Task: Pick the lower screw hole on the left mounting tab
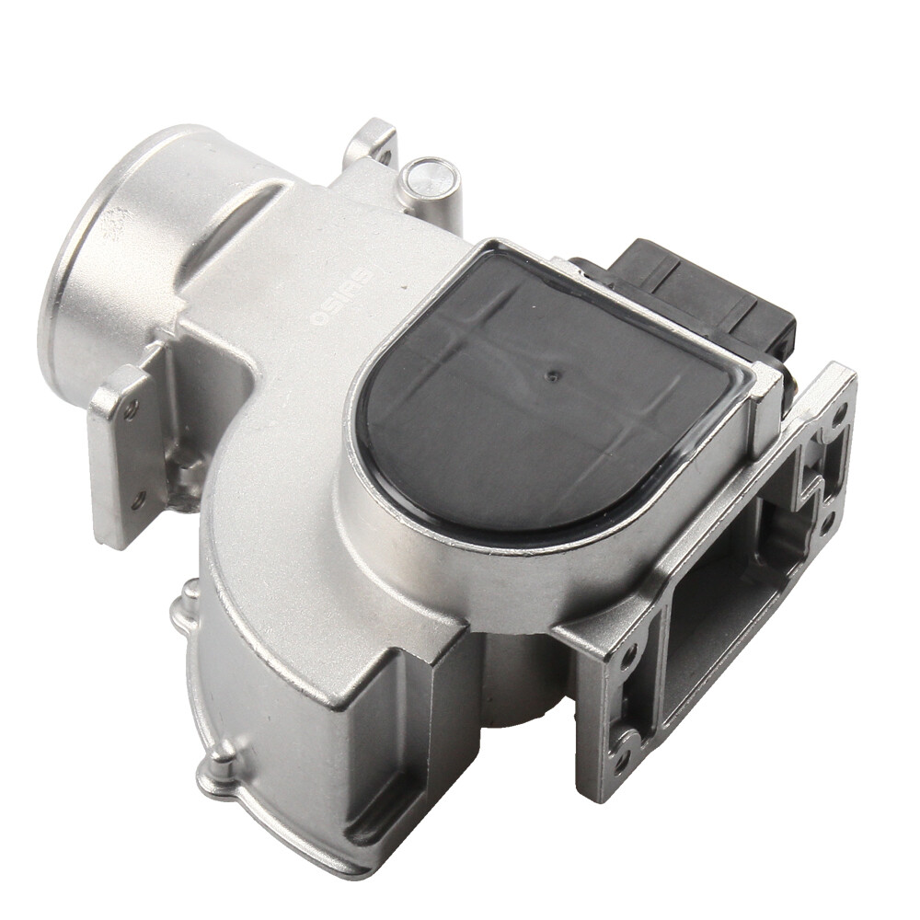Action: pyautogui.click(x=138, y=501)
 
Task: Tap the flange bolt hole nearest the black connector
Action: pyautogui.click(x=839, y=411)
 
